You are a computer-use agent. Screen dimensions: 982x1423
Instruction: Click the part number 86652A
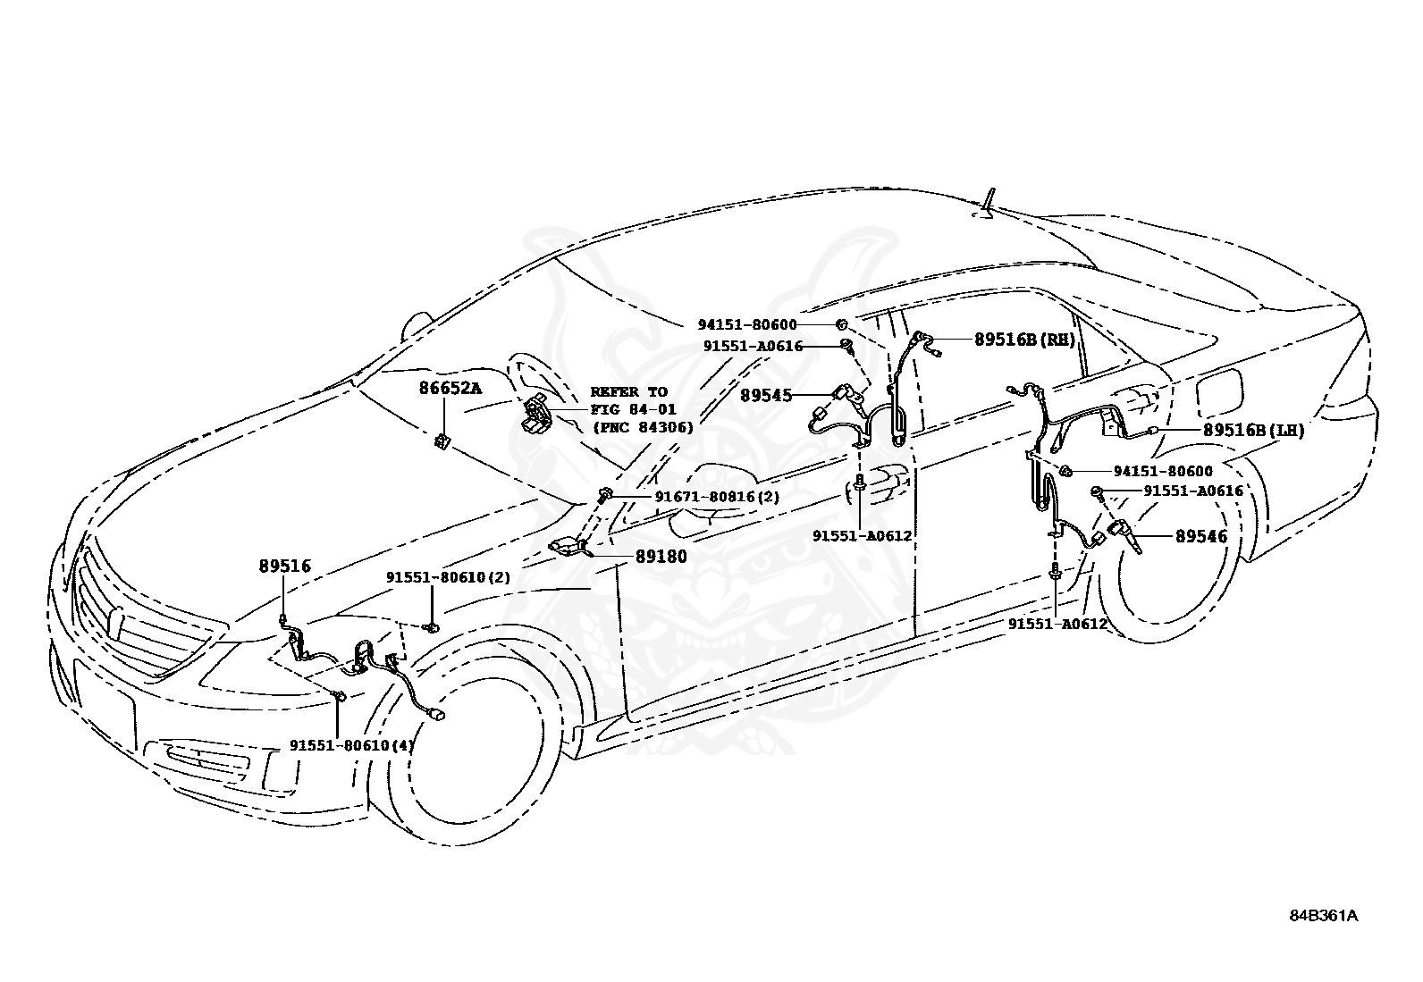click(x=450, y=388)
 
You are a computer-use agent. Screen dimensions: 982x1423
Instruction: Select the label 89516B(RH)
click(x=1024, y=340)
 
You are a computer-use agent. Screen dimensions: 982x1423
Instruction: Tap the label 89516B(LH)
click(x=1253, y=430)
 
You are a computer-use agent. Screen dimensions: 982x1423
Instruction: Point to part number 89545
click(x=766, y=394)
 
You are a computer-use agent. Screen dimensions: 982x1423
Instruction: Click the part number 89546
click(x=1201, y=536)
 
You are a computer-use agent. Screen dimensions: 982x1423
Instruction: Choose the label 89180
click(x=661, y=556)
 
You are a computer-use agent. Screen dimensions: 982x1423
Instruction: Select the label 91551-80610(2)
click(x=448, y=577)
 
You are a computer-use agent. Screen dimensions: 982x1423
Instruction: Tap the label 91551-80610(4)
click(x=351, y=744)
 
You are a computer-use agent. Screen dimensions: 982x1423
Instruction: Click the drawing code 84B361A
click(x=1323, y=916)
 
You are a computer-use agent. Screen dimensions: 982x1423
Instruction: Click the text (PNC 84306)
click(x=643, y=427)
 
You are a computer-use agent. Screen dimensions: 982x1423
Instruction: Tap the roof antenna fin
click(x=988, y=206)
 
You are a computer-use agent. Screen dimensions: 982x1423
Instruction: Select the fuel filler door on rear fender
click(x=1217, y=390)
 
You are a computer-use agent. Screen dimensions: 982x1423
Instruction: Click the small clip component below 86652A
click(x=442, y=441)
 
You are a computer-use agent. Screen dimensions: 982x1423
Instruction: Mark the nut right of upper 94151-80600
click(x=842, y=324)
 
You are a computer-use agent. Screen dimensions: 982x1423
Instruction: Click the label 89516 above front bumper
click(x=285, y=566)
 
